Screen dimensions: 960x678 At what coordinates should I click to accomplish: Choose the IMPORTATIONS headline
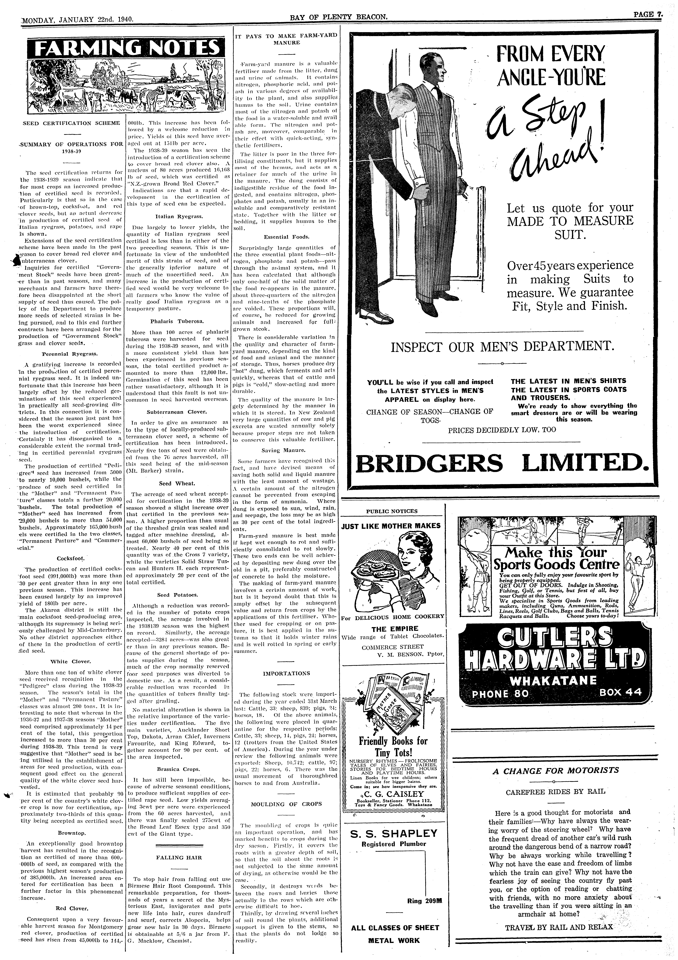[286, 673]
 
